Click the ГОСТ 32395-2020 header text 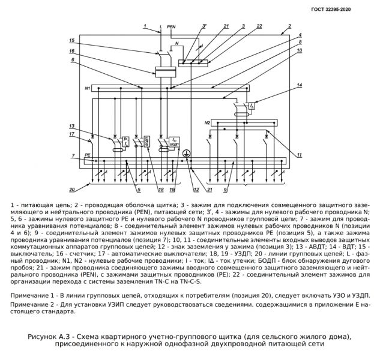pos(331,9)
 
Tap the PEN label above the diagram pos(171,26)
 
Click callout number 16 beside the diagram pos(72,51)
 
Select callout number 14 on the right pos(300,85)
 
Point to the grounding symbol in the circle pos(187,154)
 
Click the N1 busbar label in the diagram pos(87,88)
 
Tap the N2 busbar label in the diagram pos(207,123)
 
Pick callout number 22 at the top pos(259,26)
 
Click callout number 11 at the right pos(300,155)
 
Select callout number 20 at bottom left pos(72,190)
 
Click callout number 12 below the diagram pos(196,190)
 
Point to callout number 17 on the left pos(72,134)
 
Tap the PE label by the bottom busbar pos(88,155)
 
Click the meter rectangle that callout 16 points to pos(166,72)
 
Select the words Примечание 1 pos(30,296)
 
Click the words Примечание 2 pos(30,305)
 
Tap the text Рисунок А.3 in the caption pos(49,337)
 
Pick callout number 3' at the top pos(205,26)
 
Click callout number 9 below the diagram pos(225,190)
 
